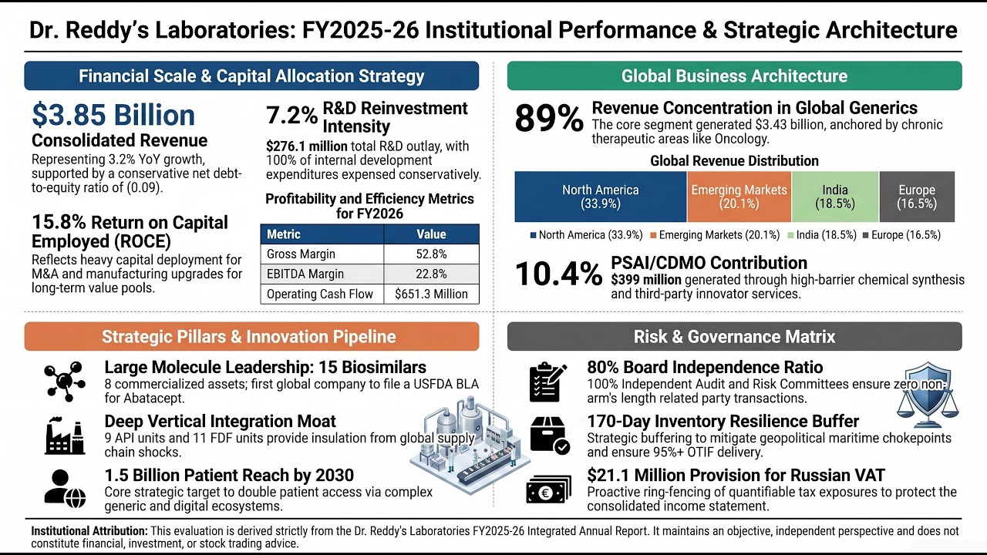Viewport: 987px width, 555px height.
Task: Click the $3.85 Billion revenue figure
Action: tap(113, 115)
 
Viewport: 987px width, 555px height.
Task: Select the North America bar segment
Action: tap(601, 197)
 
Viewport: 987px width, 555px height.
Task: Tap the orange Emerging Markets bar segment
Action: tap(739, 197)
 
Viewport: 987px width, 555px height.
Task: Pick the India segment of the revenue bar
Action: tap(835, 197)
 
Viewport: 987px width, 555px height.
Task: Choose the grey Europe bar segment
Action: tap(917, 197)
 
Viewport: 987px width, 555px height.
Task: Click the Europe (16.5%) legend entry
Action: tap(901, 235)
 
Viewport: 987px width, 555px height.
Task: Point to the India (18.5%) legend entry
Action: tap(821, 235)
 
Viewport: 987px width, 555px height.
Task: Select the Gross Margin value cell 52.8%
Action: tap(431, 254)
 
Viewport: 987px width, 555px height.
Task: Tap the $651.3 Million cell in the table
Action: tap(431, 294)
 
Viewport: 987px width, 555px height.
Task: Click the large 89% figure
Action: tap(548, 119)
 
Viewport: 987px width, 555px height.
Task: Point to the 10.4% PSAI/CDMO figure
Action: tap(558, 274)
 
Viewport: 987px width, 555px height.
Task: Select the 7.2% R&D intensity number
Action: tap(291, 116)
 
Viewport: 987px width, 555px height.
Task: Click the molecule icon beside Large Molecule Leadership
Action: tap(65, 382)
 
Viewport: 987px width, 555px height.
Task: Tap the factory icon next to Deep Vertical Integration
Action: tap(65, 436)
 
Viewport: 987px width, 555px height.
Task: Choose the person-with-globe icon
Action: tap(65, 489)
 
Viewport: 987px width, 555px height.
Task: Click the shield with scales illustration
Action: tap(928, 395)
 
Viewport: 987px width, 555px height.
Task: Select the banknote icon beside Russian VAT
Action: tap(548, 489)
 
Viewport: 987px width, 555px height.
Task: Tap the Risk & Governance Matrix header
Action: tap(735, 337)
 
